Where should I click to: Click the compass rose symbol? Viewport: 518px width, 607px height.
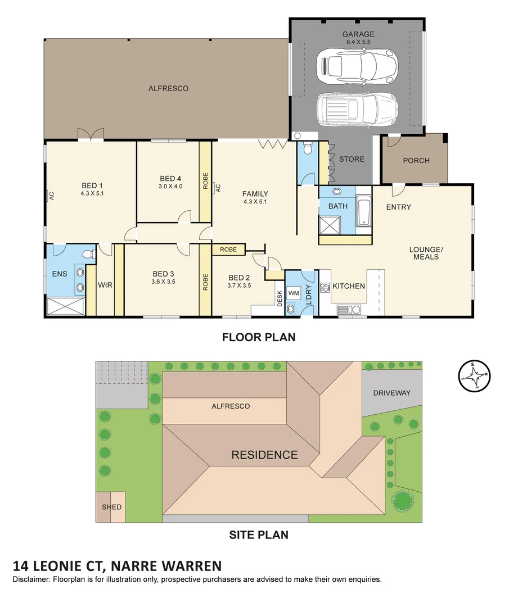(x=474, y=375)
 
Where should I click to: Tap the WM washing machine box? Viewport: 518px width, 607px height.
(x=294, y=293)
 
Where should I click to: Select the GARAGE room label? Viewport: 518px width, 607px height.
(x=358, y=34)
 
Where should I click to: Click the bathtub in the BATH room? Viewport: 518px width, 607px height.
(x=364, y=211)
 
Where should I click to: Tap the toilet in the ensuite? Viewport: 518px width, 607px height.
(x=89, y=254)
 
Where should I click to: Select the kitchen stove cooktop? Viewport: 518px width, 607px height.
(x=325, y=287)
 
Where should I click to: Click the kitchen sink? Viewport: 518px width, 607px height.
(x=349, y=310)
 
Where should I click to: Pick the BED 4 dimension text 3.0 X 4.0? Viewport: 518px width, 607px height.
(x=170, y=186)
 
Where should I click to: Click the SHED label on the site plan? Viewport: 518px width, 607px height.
(x=111, y=507)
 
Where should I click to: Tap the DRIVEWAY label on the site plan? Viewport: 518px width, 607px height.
(x=391, y=393)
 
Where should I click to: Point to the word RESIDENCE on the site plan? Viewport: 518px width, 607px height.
(x=264, y=455)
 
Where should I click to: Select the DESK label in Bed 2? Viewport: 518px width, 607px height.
(x=280, y=298)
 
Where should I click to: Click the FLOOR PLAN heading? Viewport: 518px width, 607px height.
(x=259, y=337)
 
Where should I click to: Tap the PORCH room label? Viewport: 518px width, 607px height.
(x=416, y=160)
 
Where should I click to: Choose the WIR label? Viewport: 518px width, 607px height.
(x=105, y=286)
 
